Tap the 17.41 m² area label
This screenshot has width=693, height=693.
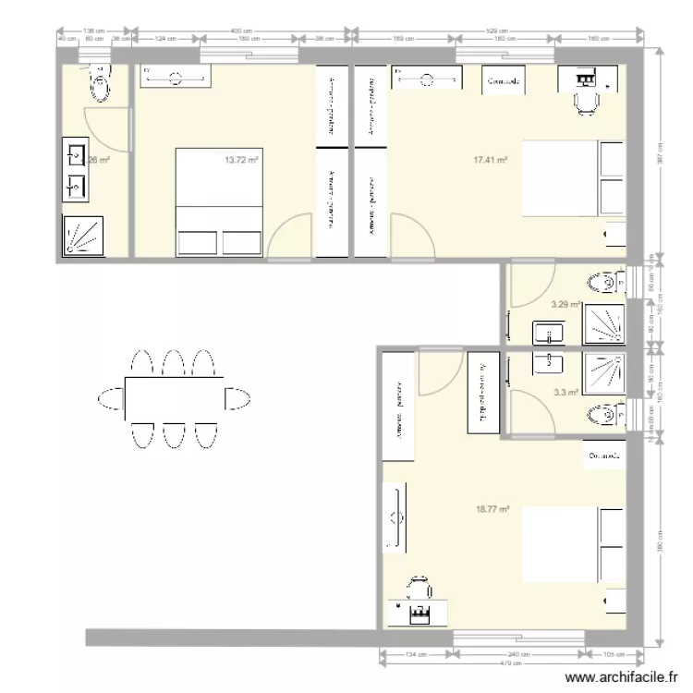491,160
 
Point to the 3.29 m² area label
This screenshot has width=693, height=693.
565,303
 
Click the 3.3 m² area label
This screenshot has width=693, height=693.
565,392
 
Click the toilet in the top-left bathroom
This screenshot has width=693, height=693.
101,85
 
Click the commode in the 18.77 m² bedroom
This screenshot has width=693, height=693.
602,456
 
